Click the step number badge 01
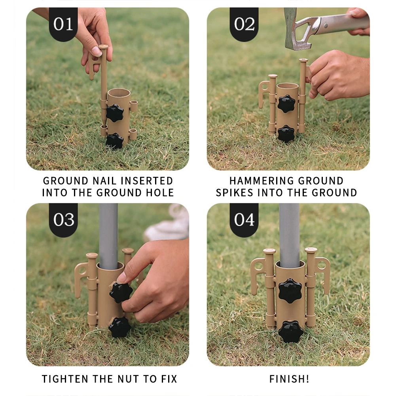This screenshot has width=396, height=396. [x=63, y=24]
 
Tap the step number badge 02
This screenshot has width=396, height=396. [x=244, y=24]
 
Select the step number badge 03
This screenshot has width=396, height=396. [x=63, y=220]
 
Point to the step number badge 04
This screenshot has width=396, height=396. [x=244, y=220]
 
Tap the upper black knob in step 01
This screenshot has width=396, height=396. [x=115, y=113]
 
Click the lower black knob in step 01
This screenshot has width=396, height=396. [x=114, y=141]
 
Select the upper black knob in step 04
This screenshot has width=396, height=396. [x=290, y=291]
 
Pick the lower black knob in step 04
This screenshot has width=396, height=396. [x=291, y=332]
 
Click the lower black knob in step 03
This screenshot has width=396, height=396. [x=120, y=327]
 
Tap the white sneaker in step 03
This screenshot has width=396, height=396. [x=168, y=224]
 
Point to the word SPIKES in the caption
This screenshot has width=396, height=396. [x=234, y=193]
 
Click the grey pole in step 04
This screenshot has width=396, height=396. [x=289, y=235]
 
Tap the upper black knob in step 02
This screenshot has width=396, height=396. [x=286, y=104]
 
